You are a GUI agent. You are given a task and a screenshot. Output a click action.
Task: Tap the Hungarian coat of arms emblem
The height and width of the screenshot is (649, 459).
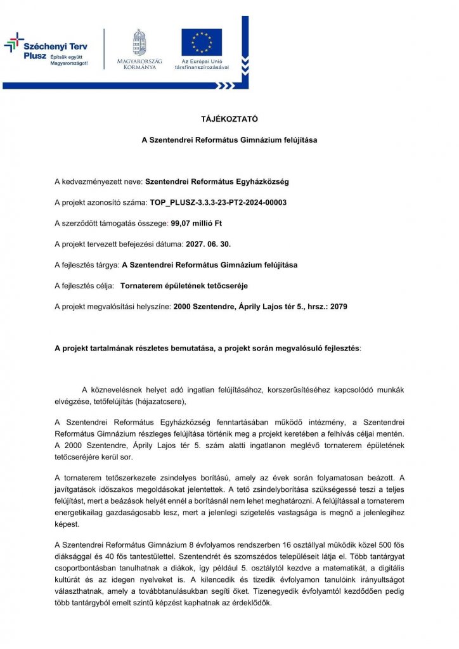point(139,42)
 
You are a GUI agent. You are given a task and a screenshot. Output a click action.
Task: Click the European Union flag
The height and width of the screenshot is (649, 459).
point(202,42)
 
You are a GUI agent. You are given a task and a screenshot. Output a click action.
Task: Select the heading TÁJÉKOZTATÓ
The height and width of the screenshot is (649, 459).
point(229,119)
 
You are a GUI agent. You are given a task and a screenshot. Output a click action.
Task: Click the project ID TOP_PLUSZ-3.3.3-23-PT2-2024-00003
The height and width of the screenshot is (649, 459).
point(218,203)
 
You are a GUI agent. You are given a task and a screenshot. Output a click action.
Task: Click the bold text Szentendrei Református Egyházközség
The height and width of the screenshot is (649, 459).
point(217,182)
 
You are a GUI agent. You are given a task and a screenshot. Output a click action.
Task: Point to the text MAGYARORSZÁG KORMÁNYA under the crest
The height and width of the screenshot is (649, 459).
point(139,64)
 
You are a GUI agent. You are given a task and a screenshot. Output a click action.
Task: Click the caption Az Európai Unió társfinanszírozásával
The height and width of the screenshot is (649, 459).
point(202,64)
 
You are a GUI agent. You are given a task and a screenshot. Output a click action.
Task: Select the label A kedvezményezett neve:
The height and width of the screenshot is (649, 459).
point(99,182)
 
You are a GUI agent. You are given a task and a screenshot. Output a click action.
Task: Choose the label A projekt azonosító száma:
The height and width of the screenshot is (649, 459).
point(101,203)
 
